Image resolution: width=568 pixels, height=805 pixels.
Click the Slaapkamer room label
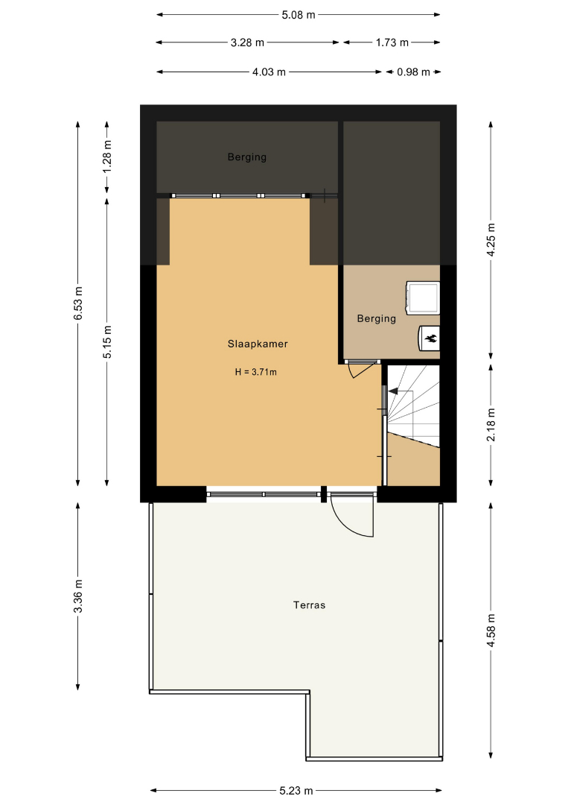[258, 344]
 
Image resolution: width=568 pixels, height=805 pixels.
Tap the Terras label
[309, 605]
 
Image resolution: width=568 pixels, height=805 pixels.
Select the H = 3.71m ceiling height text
[256, 372]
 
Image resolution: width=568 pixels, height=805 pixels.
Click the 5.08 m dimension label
[299, 15]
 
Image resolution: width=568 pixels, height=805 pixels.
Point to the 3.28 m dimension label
[247, 42]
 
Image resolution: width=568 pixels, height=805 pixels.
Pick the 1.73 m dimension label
[392, 42]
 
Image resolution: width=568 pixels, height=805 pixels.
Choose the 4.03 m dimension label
[269, 72]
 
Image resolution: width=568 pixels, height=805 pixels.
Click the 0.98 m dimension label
[413, 72]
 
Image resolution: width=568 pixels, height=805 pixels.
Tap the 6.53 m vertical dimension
[78, 303]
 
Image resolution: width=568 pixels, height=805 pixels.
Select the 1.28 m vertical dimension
[107, 157]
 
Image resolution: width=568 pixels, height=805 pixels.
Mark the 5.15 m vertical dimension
[107, 342]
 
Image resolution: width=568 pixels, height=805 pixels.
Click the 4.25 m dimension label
[491, 240]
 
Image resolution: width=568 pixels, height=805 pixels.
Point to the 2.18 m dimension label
[491, 425]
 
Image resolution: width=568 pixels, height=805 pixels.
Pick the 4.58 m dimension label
[491, 631]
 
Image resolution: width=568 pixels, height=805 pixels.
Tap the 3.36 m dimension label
[78, 596]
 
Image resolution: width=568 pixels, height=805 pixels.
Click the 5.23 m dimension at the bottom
[296, 791]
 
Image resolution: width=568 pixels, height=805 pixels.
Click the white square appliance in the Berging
[423, 297]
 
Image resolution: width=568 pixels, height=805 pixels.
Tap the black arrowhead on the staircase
[392, 392]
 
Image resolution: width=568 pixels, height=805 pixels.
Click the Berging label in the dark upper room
[247, 157]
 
